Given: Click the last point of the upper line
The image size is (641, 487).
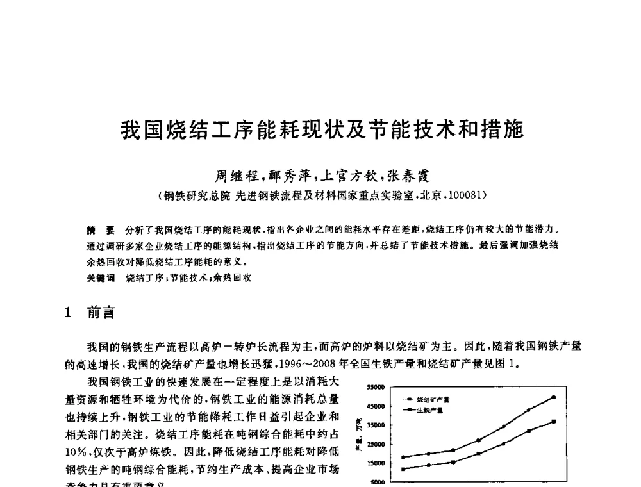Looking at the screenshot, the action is click(553, 397).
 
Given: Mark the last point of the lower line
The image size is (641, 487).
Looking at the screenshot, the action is click(553, 422).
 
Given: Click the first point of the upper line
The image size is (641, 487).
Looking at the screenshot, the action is click(403, 457).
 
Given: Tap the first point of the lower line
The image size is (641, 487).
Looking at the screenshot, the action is click(403, 469).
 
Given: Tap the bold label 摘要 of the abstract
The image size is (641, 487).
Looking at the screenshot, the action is click(101, 229).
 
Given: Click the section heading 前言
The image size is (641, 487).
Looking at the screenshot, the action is click(101, 313).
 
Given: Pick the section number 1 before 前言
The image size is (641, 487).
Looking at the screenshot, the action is click(69, 313).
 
